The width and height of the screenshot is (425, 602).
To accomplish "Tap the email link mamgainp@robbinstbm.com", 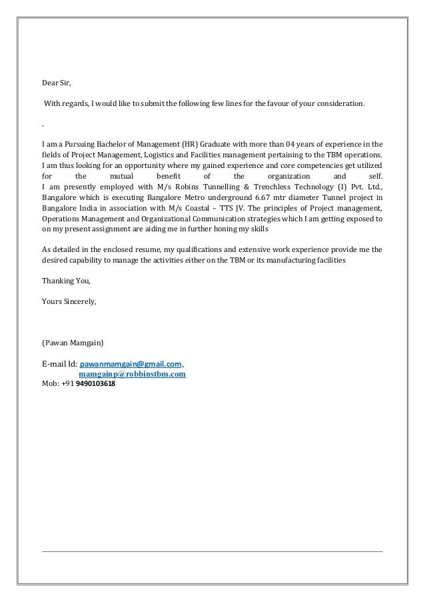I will tap(133, 375).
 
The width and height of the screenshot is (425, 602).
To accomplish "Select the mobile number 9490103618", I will tap(91, 385).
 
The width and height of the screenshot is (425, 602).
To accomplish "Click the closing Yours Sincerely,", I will tap(69, 301).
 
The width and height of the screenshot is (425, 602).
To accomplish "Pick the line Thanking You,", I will tap(65, 279).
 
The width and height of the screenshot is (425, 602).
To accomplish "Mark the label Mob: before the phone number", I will tap(50, 385).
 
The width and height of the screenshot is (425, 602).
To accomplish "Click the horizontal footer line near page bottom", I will tap(212, 551).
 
